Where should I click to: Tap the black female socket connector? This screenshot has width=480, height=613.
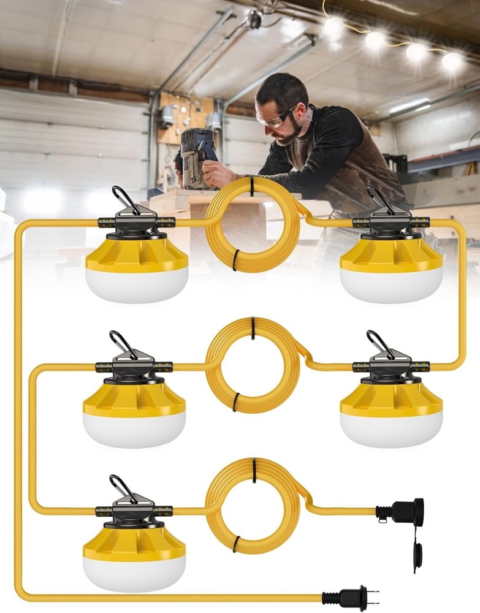pos(402,511)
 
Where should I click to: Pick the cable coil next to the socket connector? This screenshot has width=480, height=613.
pos(252,506)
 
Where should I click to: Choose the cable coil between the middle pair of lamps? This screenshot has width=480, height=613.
pos(252,365)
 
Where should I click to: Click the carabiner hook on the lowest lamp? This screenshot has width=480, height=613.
pos(123,488)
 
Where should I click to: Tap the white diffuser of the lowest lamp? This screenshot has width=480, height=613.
pos(134,573)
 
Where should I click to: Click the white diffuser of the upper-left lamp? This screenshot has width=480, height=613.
pos(137,285)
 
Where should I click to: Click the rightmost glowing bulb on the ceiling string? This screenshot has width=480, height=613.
pos(452,60)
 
